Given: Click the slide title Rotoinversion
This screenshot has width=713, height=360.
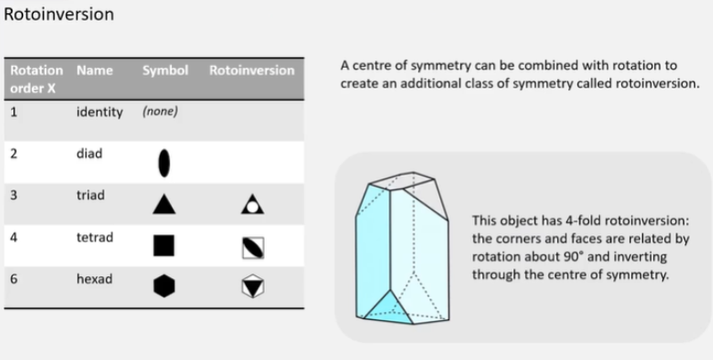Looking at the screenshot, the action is coord(59,16).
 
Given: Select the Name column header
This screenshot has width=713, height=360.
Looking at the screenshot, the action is coord(94,70).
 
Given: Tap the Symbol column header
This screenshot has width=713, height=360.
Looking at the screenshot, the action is coord(165,70).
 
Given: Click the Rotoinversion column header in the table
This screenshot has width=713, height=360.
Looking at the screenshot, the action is coord(251,70).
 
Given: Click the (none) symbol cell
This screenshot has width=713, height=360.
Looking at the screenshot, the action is coord(160,112).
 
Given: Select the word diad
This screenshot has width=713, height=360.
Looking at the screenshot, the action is coord(90,153).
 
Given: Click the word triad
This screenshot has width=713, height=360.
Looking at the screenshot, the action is coord(92,193).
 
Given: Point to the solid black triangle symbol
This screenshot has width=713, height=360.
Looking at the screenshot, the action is coord(163,205).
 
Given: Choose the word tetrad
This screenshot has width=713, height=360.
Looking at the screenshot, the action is coord(94,239).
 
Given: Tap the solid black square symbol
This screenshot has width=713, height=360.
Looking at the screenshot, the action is coord(163,245).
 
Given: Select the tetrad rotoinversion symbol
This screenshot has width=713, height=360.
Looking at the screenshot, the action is coord(251,246).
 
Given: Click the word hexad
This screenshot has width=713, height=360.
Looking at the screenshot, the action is coord(94,279).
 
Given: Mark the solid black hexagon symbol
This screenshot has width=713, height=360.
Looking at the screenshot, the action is coord(163,285).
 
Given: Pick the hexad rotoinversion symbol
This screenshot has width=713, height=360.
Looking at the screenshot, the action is coord(251,285).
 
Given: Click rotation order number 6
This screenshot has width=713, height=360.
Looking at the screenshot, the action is coord(14,279).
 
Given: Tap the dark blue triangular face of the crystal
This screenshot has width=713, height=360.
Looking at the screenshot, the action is coord(385,308).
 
